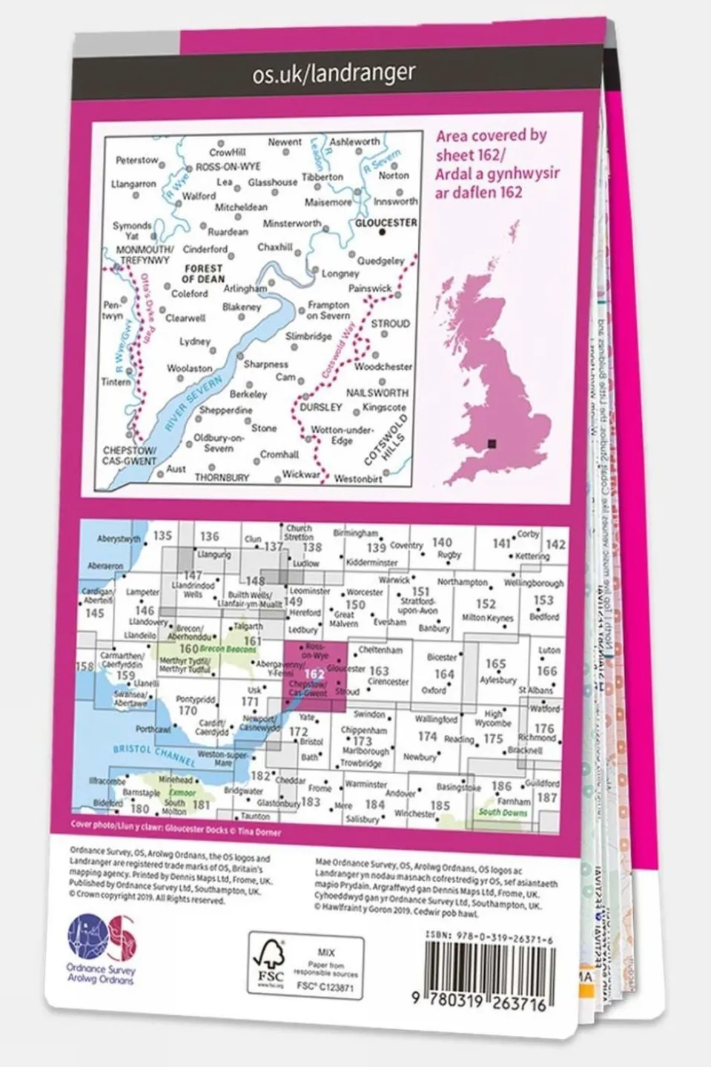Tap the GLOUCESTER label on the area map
(386, 222)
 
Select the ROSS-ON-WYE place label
(229, 168)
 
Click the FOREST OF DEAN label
(202, 274)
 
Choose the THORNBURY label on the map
(222, 478)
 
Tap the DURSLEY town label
(321, 407)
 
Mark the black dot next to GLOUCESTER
(383, 232)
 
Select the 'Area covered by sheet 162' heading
(491, 163)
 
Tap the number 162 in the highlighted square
(314, 674)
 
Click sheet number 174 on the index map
(427, 736)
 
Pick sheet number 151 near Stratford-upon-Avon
(420, 592)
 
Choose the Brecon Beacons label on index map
(227, 650)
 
